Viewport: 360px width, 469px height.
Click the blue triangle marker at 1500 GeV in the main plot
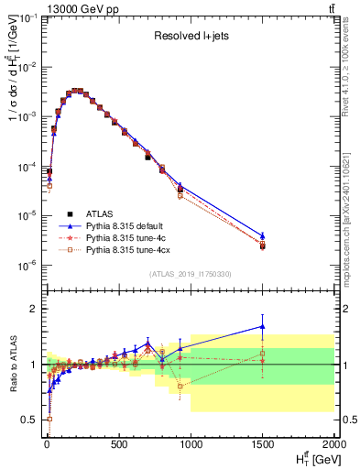262,236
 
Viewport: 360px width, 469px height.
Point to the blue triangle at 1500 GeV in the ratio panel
262,326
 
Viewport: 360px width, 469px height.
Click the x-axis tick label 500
117,446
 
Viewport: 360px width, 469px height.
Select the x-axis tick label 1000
190,446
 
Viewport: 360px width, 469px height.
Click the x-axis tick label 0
45,446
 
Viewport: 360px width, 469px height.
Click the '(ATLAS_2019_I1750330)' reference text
191,274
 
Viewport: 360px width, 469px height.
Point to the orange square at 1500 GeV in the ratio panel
262,354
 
